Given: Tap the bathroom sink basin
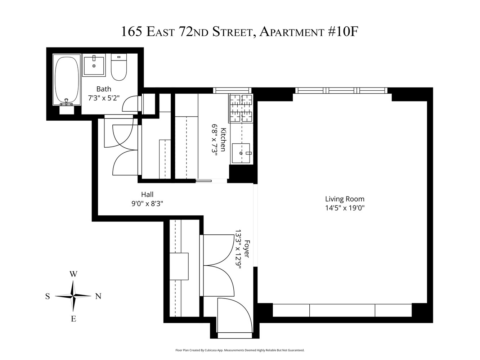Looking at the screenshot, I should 94,65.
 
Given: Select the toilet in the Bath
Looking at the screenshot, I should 119,68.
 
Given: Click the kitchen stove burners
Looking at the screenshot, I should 241,108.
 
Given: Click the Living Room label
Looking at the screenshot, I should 345,199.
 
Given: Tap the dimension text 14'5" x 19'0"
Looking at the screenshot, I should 345,208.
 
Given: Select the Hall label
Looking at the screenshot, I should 147,195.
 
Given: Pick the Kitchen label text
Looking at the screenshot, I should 223,140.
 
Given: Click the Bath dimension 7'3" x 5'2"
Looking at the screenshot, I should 104,98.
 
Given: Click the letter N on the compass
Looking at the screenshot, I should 98,296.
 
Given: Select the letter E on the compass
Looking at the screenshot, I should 73,319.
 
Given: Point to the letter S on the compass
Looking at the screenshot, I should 48,296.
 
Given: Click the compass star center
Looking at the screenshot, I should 73,296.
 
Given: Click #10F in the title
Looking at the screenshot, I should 344,32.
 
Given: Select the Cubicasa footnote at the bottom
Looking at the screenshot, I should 240,350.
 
